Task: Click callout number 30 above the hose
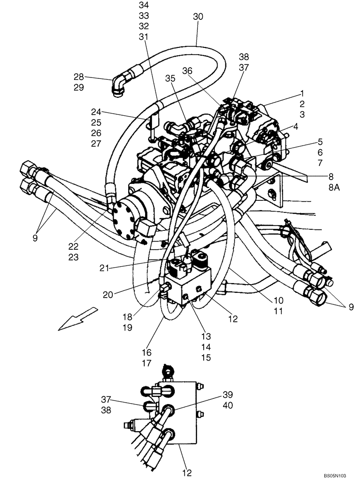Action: click(198, 16)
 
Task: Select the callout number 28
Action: click(79, 76)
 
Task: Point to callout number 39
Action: click(228, 394)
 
